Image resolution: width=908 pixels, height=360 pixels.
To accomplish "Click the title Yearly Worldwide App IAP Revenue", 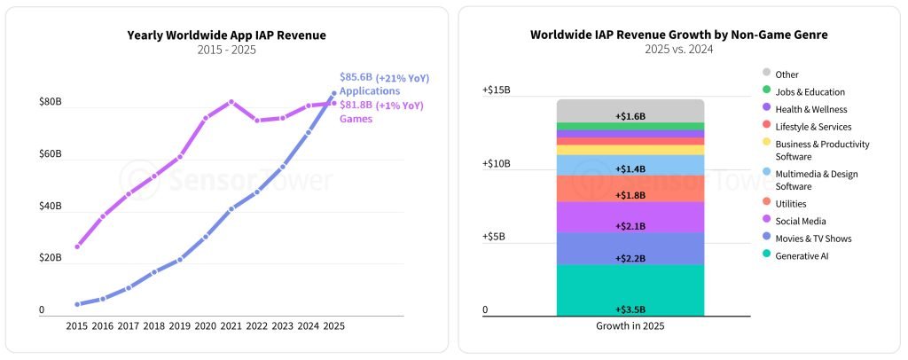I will click(226, 35).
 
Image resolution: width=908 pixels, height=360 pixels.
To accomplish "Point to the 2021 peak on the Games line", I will click(231, 102).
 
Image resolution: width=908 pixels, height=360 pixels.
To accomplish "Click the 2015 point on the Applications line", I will click(77, 304).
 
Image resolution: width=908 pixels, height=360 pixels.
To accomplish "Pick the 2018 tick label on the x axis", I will click(154, 325).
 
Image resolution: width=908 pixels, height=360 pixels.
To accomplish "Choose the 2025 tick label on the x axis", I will click(334, 325).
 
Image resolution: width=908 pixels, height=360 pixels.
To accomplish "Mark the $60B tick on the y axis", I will click(51, 154).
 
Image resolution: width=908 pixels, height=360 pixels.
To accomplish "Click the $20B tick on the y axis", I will click(51, 258).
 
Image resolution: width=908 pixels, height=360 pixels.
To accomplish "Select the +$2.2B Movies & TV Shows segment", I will click(630, 248).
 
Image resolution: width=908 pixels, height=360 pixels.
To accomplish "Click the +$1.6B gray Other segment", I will click(630, 111).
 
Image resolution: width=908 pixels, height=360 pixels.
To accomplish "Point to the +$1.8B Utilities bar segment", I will click(630, 188).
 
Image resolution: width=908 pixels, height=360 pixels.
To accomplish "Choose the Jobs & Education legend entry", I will click(810, 91).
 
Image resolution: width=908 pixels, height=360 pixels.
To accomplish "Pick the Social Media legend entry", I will click(800, 221).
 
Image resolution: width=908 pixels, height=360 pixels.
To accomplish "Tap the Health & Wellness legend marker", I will click(766, 109).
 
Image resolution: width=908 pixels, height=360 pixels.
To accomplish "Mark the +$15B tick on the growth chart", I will click(497, 90).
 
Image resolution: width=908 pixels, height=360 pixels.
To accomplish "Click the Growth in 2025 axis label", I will click(630, 325).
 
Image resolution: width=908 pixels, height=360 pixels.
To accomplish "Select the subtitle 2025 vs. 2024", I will click(679, 50).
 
